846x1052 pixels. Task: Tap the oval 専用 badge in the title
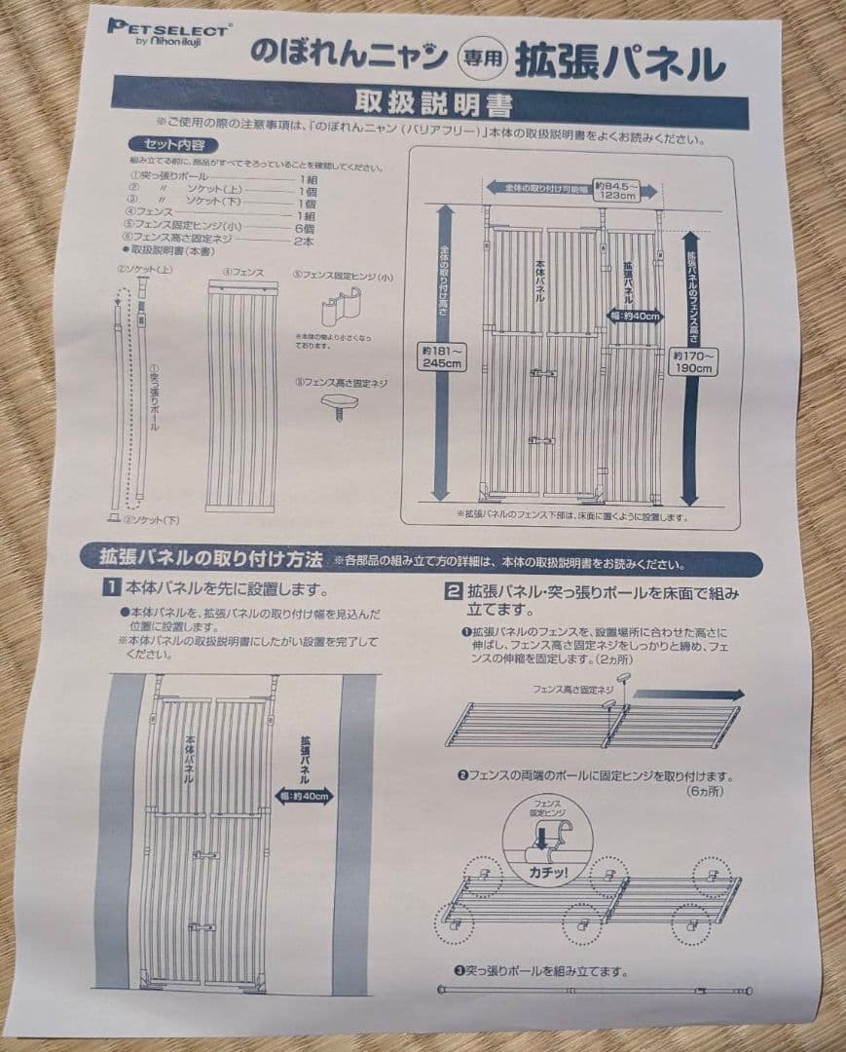tap(481, 58)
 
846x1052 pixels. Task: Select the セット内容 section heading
tap(161, 145)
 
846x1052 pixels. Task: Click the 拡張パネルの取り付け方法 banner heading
tap(209, 559)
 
